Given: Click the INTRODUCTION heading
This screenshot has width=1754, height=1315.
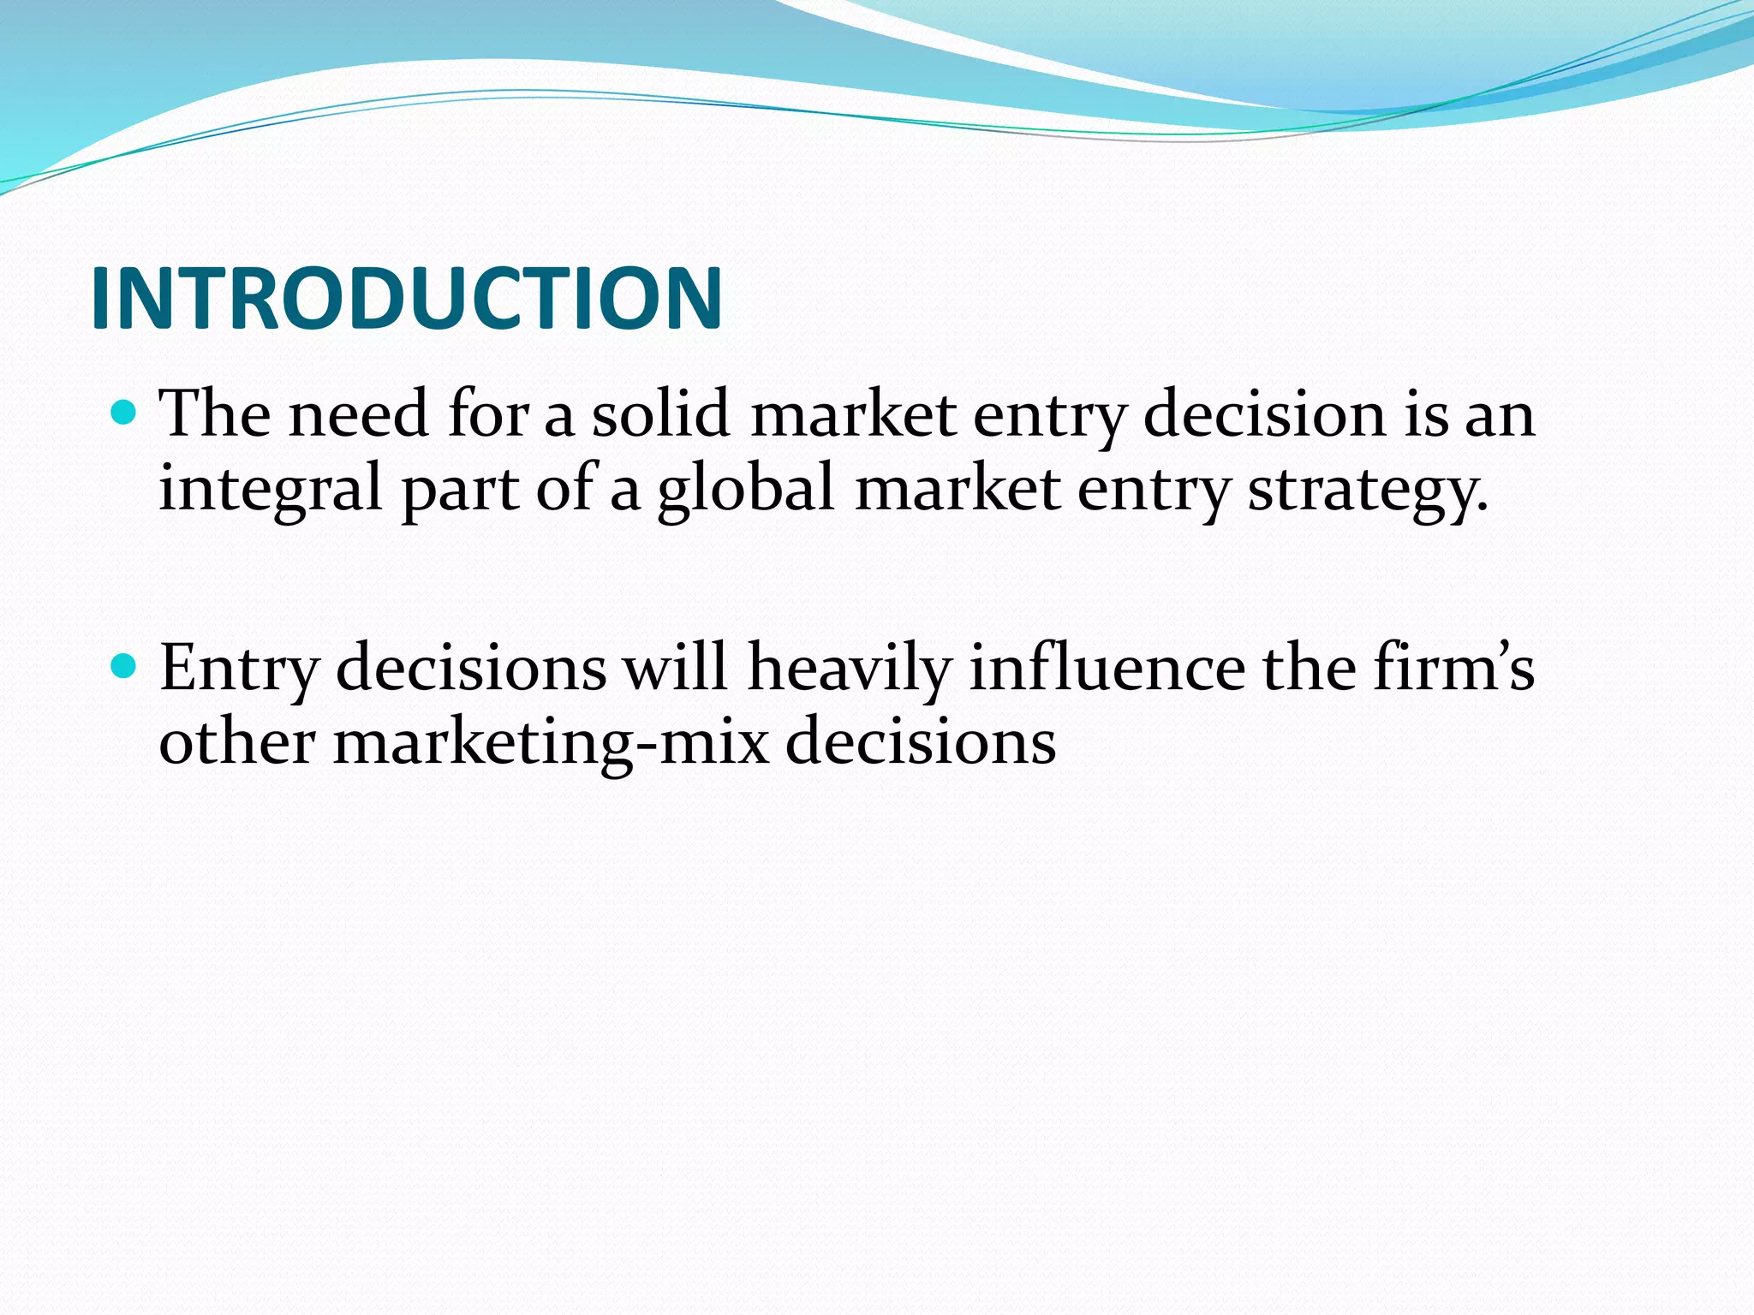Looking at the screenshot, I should tap(407, 298).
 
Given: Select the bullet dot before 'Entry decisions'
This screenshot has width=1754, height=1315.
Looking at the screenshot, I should tap(125, 666).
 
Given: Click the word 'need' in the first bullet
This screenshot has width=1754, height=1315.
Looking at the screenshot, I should tap(358, 414).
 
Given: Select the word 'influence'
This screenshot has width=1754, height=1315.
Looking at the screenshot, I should tap(1107, 668).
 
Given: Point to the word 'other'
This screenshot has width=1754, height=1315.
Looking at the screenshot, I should tap(237, 741).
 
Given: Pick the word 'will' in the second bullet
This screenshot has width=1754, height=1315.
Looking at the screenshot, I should tap(676, 668).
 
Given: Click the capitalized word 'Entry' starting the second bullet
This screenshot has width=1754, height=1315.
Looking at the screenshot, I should tap(239, 668).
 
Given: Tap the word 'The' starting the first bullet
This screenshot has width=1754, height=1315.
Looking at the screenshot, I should tap(215, 414).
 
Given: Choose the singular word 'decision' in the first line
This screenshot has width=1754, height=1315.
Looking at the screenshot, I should tap(1264, 414).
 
